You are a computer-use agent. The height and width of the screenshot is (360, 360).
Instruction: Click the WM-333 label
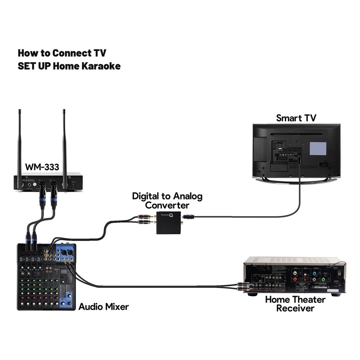[x=42, y=167]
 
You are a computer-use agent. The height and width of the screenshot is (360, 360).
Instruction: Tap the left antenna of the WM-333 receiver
[x=19, y=139]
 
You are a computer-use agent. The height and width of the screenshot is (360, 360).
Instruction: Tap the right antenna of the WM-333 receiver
[x=64, y=139]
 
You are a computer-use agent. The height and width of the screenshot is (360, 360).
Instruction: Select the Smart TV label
[x=296, y=118]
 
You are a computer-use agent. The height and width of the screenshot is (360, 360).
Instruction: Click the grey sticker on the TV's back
[x=319, y=149]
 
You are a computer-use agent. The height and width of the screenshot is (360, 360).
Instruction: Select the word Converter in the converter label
[x=167, y=205]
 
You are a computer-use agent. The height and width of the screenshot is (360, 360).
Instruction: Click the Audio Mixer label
[x=103, y=307]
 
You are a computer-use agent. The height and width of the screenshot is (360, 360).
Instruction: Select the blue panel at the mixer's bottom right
[x=68, y=299]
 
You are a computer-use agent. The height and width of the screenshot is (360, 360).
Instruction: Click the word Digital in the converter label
[x=145, y=196]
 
